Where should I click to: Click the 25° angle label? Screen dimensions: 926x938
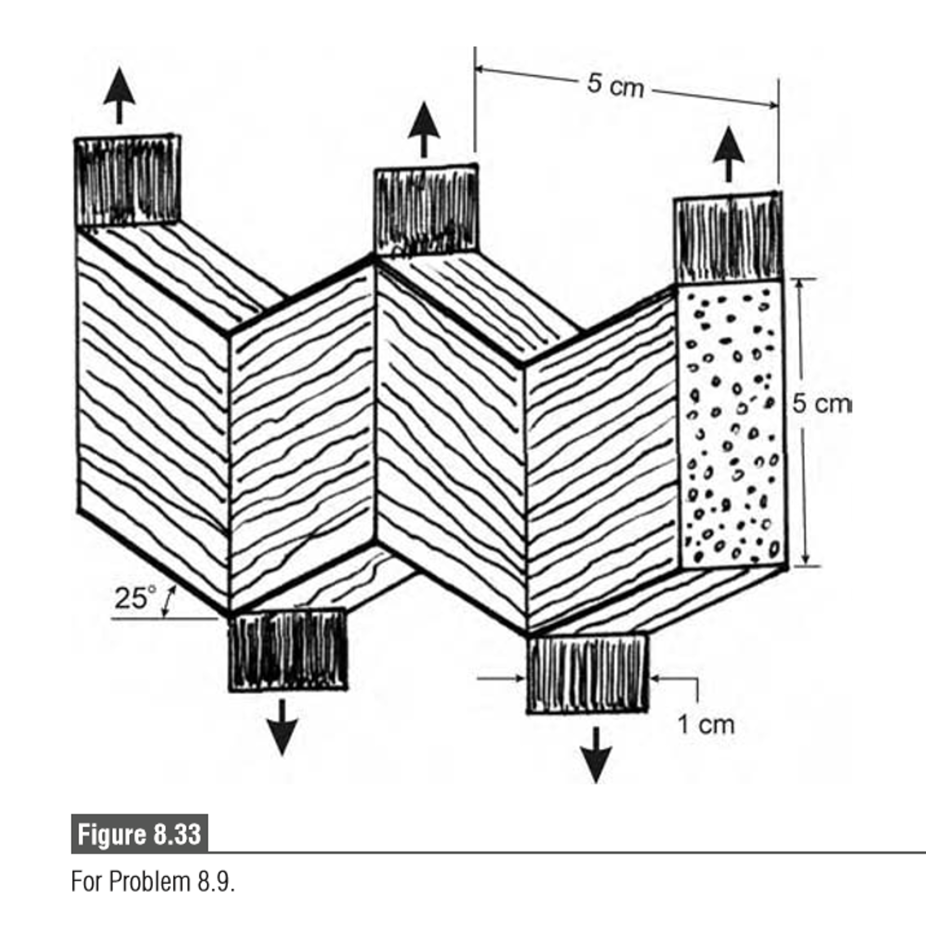pos(136,597)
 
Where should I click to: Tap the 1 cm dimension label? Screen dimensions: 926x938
pos(705,725)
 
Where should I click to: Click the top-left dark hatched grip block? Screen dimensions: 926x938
pos(127,181)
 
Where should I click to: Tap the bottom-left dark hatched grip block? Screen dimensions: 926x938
pos(288,650)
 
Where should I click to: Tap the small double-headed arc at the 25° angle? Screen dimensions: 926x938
pos(169,601)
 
